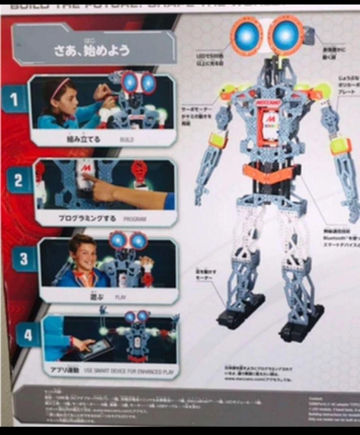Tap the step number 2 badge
coord(18,181)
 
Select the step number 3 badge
coord(23,259)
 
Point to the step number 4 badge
coord(28,335)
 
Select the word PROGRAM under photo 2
coord(135,219)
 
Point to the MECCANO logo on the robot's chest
coord(270,103)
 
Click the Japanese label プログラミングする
coord(87,218)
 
